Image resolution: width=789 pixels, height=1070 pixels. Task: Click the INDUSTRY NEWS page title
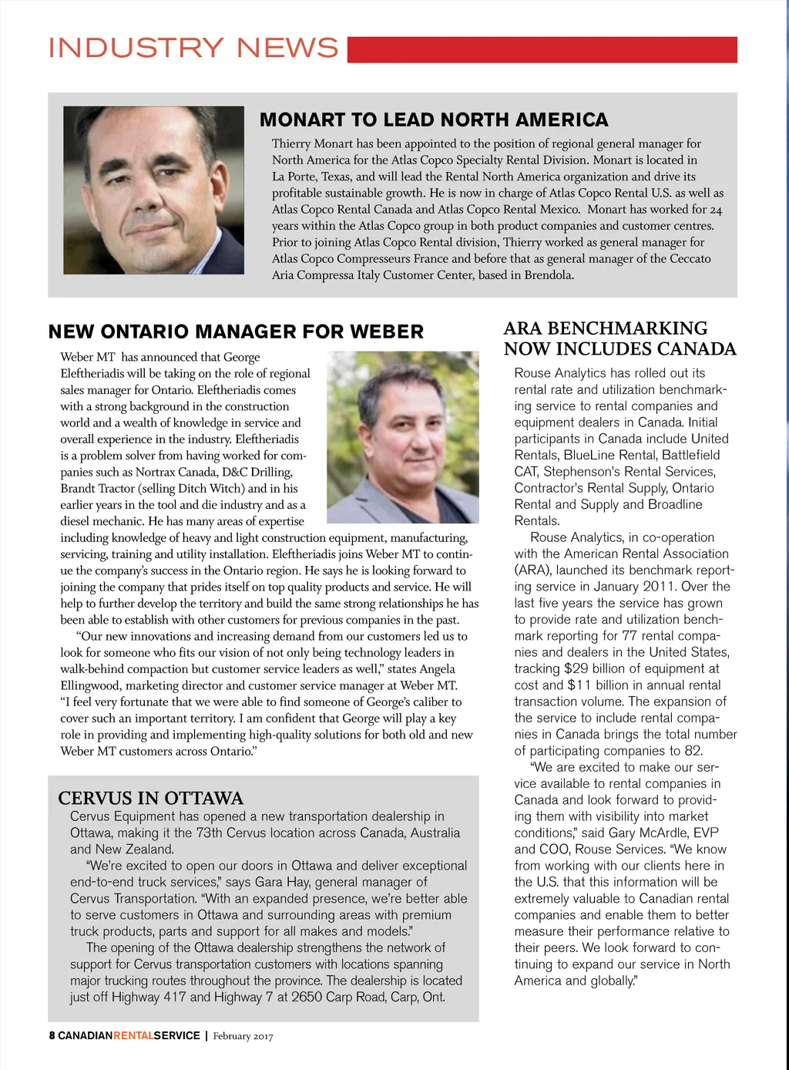(193, 49)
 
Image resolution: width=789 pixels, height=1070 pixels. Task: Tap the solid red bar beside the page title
(542, 49)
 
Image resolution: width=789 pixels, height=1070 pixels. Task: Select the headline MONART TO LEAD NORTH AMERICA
(434, 120)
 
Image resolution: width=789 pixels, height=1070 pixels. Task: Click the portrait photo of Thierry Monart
(153, 190)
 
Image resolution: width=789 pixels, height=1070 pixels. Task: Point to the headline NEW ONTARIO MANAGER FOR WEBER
(236, 332)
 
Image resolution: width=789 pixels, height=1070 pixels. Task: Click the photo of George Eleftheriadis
(403, 437)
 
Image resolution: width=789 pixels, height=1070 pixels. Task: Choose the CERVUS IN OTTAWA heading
(150, 798)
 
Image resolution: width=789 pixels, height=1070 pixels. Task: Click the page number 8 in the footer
(52, 1036)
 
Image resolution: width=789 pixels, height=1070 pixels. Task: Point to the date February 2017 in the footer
(243, 1036)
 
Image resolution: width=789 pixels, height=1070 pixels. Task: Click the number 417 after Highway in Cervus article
(175, 997)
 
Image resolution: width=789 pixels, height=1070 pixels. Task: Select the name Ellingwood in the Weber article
(89, 685)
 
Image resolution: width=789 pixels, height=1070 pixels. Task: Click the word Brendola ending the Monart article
(549, 275)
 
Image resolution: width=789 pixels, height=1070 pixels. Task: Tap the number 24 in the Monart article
(716, 210)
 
